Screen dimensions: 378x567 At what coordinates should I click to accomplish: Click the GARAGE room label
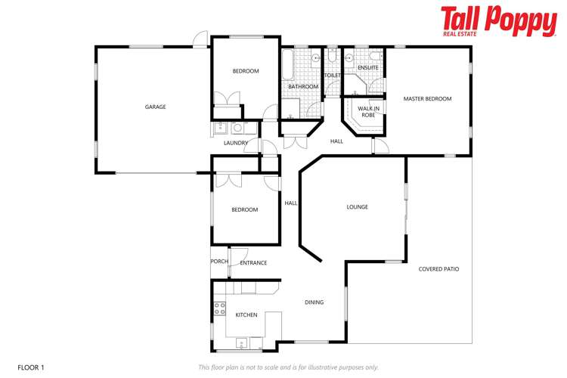pos(155,107)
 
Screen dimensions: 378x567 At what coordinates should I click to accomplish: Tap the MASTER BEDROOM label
pos(427,99)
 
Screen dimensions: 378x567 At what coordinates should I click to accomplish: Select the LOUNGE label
pos(357,206)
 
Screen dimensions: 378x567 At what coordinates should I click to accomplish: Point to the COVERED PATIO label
pos(438,268)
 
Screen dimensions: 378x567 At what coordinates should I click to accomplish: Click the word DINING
pos(314,302)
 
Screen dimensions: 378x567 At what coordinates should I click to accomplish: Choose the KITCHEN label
pos(246,314)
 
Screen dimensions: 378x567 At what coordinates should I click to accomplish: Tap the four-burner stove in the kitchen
pos(220,308)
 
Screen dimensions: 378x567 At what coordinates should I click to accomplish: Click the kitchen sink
pos(241,342)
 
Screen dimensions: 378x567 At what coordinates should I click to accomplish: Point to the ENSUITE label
pos(368,68)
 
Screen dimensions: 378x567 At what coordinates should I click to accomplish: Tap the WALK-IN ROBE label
pos(368,112)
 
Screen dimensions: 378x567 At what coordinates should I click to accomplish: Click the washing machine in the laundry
pos(236,128)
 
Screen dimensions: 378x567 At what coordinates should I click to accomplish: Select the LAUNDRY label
pos(236,143)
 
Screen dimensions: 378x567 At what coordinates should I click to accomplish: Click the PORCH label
pos(219,262)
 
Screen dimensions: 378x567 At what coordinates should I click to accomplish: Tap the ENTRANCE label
pos(253,263)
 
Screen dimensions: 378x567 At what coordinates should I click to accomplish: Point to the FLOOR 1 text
pos(31,367)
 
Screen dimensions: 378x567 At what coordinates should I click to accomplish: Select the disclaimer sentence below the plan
pos(288,367)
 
